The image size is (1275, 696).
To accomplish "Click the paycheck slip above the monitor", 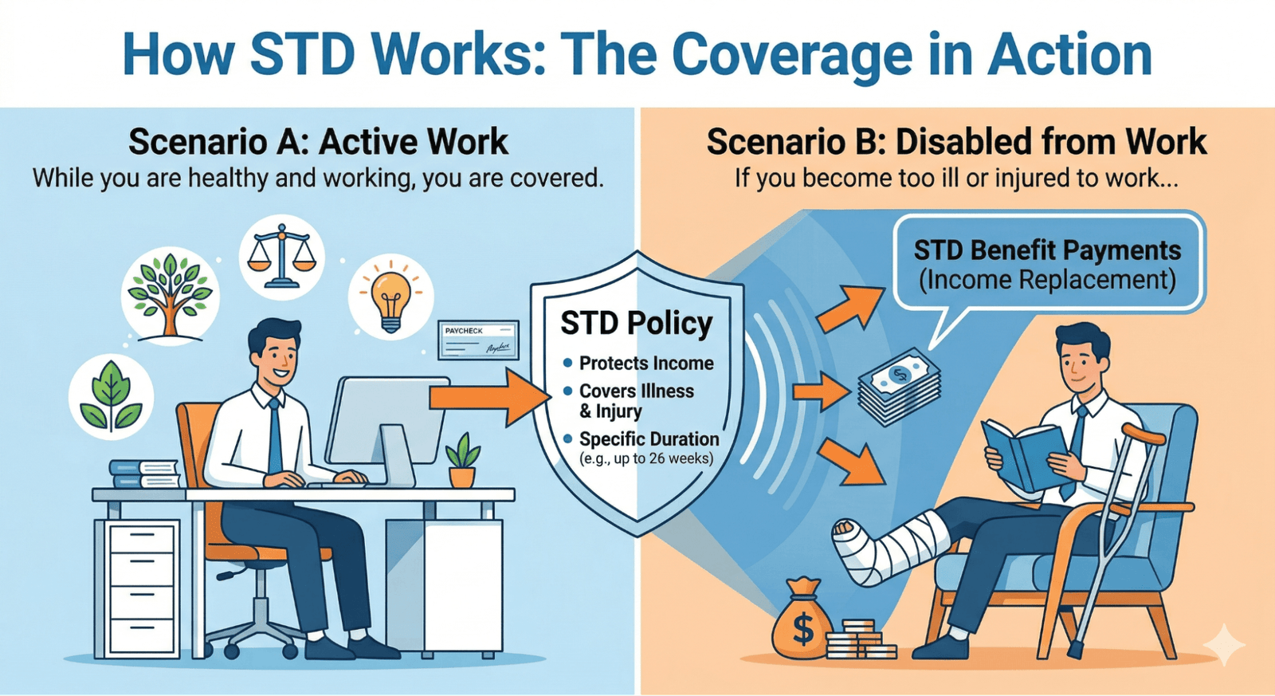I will click(478, 340).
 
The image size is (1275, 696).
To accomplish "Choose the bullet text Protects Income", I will click(645, 364).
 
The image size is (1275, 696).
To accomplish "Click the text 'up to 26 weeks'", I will click(662, 459).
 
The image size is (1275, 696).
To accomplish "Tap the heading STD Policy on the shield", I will click(636, 324).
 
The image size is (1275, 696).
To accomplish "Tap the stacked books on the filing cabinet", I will click(144, 474).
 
